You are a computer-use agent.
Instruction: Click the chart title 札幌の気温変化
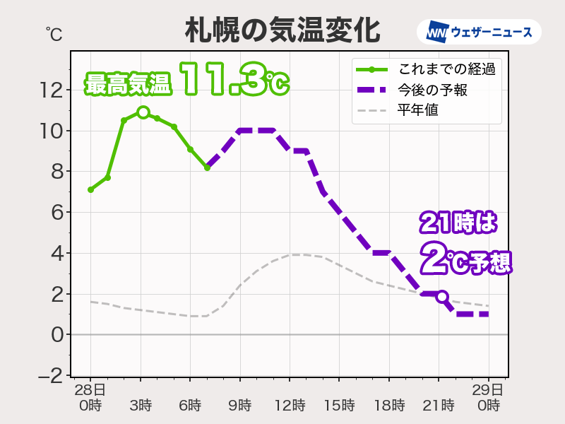click(x=282, y=31)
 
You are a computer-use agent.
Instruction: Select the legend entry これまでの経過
click(x=445, y=69)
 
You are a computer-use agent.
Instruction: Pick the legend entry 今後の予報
click(x=433, y=90)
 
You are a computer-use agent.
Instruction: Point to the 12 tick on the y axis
click(x=52, y=90)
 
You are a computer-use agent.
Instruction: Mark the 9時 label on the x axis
click(x=239, y=406)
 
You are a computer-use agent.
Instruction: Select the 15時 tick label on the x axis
click(x=339, y=406)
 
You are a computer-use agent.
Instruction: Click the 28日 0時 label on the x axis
click(x=90, y=398)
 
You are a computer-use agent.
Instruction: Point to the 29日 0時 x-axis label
click(x=488, y=398)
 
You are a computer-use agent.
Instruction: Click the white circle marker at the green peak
click(x=143, y=112)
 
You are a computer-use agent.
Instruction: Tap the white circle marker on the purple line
click(x=442, y=297)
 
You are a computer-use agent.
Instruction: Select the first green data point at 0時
click(x=90, y=189)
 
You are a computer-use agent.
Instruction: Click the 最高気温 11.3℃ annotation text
click(x=187, y=79)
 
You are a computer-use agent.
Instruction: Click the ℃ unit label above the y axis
click(x=54, y=34)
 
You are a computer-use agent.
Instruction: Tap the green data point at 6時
click(x=190, y=149)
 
